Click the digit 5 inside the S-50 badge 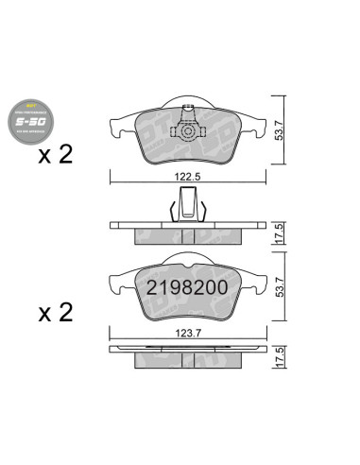26,122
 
